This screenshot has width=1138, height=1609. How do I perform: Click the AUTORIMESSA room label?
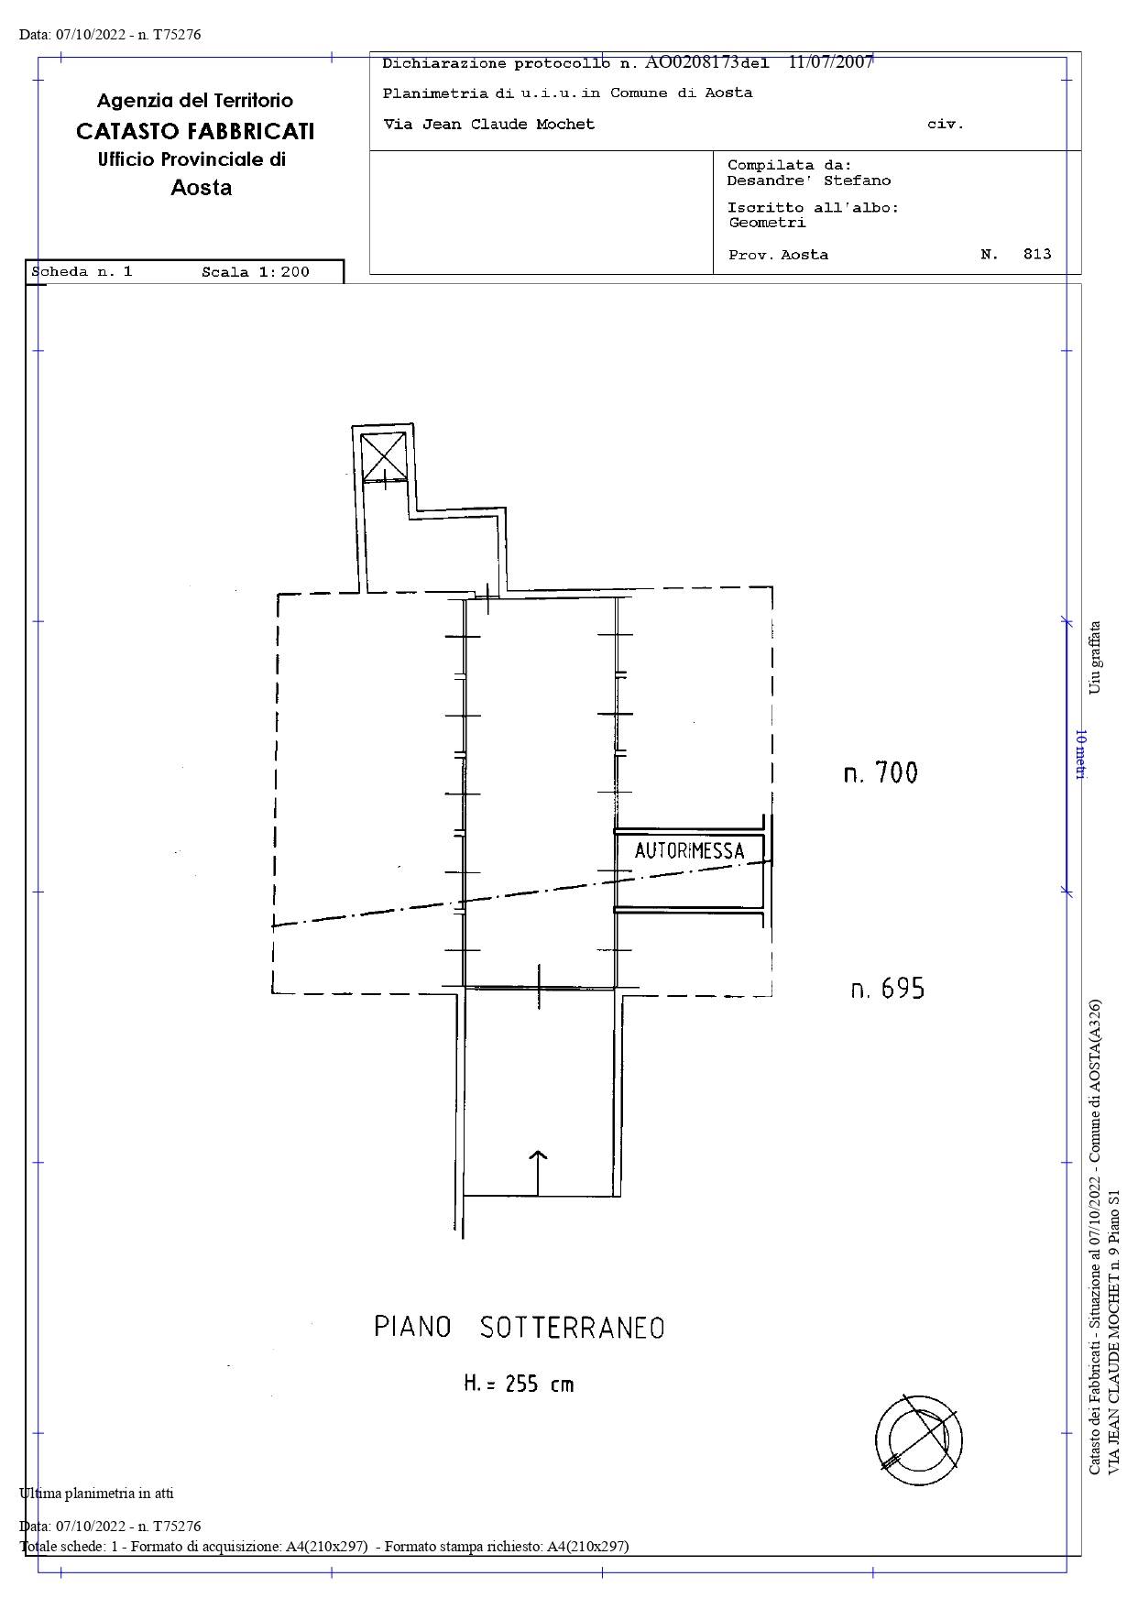coord(689,850)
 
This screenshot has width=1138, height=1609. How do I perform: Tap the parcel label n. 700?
coord(881,772)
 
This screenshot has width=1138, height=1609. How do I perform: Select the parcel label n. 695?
coord(888,989)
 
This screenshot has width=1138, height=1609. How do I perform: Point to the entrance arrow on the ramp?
coord(537,1173)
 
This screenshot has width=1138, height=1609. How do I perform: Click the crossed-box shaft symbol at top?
coord(383,456)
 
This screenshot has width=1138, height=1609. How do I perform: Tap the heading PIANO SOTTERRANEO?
coord(519,1327)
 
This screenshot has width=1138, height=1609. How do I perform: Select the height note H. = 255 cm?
coord(519,1384)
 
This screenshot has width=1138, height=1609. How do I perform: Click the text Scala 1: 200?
coord(256,271)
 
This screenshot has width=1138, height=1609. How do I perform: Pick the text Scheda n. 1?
coord(82,271)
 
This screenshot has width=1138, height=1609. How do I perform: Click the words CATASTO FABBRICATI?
coord(195,131)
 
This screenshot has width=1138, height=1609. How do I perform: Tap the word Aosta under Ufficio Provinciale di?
coord(202,188)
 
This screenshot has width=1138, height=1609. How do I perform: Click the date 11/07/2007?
coord(831,62)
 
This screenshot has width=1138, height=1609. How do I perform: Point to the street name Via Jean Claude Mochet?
coord(488,124)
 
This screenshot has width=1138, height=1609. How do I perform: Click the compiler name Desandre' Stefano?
coord(809,181)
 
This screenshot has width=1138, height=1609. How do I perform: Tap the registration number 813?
coord(1037,254)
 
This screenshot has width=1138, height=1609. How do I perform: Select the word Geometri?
coord(767,222)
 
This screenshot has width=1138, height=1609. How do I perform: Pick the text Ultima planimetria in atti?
coord(96,1493)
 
